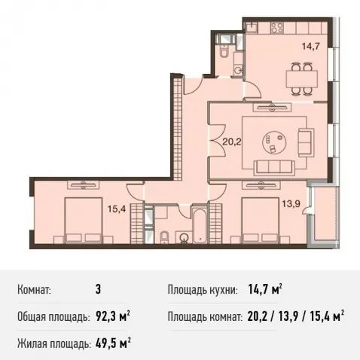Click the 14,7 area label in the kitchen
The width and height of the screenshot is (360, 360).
coord(311,46)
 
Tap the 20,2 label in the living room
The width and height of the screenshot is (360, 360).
coord(232,142)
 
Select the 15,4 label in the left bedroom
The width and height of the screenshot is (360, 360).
coord(117,209)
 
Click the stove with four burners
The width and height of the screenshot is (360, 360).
coord(277,28)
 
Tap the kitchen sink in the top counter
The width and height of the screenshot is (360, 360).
coord(251,28)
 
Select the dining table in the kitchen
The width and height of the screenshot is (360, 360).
coord(302,78)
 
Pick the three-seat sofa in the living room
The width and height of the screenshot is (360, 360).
coord(274,167)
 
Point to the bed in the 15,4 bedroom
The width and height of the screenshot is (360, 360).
coord(84,220)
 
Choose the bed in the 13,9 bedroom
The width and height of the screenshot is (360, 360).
coord(261,220)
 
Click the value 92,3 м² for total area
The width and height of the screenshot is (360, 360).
coord(113,316)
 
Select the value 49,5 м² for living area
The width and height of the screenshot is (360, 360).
coord(113,343)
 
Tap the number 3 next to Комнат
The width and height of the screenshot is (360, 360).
coord(98,289)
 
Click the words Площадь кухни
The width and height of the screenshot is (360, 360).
coord(203,290)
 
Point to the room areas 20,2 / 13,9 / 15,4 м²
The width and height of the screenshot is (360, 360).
coord(295,316)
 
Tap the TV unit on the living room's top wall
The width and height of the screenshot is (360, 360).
coord(273,108)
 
